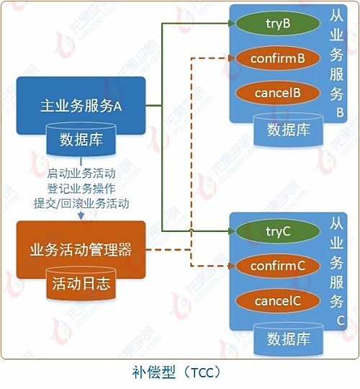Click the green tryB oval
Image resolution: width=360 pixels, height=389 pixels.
[277, 23]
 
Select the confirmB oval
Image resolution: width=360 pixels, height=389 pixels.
[277, 58]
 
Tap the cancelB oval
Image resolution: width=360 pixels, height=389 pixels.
[277, 93]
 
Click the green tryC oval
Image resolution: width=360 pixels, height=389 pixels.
[277, 231]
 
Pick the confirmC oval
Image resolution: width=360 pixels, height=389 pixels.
[277, 266]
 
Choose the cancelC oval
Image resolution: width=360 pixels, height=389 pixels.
[277, 301]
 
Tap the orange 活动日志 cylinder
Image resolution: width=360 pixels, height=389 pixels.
[81, 283]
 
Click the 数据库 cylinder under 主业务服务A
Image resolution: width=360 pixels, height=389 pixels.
[81, 139]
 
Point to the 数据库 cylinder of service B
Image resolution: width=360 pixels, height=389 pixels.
[288, 130]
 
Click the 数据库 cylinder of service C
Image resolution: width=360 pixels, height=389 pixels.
[288, 339]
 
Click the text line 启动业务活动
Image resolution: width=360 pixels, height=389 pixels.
[81, 174]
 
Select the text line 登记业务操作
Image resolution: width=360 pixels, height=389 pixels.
[81, 189]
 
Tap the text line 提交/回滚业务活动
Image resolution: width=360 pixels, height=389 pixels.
[81, 204]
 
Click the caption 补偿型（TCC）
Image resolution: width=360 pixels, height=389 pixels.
[176, 372]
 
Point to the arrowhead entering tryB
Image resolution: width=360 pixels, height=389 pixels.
[232, 23]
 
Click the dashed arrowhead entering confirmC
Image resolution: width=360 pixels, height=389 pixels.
[232, 266]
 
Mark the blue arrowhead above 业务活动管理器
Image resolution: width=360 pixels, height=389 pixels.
[81, 217]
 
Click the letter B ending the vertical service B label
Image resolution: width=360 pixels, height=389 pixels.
[340, 113]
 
